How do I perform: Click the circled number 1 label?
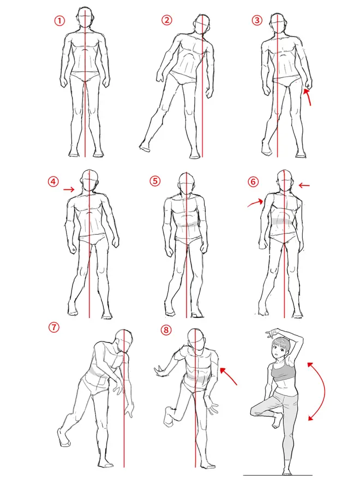coord(59,21)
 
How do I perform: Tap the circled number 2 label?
coord(166,20)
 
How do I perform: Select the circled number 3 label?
coord(256,20)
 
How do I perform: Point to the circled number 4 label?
coord(53,182)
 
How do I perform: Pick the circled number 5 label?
coord(155,181)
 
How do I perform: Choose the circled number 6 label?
coord(253,182)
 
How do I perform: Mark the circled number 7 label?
coord(53,327)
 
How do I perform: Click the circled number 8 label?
coord(166,329)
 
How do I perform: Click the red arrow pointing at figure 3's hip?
coord(308,96)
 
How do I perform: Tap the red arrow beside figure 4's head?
coord(69,190)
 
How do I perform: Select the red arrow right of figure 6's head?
coord(304,185)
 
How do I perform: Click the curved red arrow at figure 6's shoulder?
coord(256,203)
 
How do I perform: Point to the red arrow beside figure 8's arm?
coord(229,376)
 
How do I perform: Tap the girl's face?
coord(279,349)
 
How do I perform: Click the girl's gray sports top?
coord(284,371)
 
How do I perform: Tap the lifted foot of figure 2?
coord(146,147)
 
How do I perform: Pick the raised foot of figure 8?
coord(169,416)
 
